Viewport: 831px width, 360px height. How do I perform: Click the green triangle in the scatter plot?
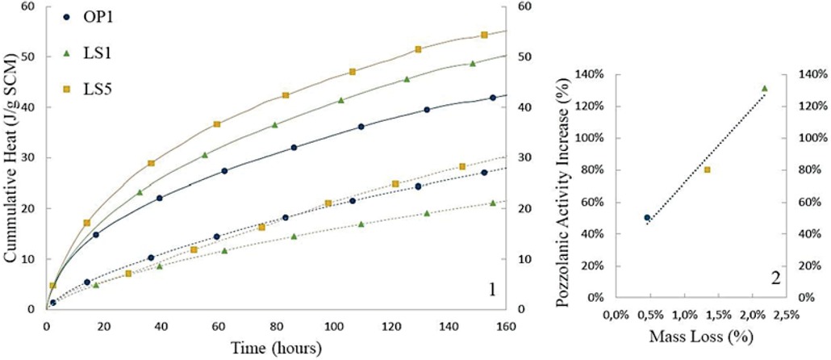point(764,89)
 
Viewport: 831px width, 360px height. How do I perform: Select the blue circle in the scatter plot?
point(647,218)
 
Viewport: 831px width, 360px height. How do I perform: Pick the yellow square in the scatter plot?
point(708,170)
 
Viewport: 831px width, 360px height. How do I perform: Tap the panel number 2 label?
point(775,279)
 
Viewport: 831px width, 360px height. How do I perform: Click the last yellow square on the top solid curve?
point(484,35)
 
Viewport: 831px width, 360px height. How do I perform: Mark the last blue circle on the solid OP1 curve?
point(492,98)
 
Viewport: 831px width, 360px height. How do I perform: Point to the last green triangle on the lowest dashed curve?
point(492,203)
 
